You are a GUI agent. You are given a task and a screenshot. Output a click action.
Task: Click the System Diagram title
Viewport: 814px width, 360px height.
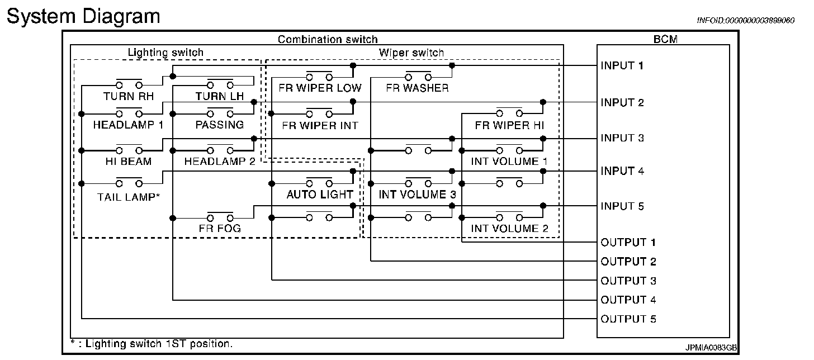click(x=83, y=16)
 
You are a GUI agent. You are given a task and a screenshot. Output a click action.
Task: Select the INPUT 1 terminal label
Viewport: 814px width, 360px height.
click(x=622, y=66)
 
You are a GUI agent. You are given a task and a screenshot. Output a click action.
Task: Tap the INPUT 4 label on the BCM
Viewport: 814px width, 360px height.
click(x=622, y=171)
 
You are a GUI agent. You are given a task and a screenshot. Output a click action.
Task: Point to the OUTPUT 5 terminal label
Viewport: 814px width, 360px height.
click(x=628, y=319)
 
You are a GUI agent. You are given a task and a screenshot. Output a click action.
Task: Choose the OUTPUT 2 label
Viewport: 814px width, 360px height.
click(x=628, y=262)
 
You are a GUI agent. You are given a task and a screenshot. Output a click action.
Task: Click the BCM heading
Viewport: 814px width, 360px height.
click(x=662, y=39)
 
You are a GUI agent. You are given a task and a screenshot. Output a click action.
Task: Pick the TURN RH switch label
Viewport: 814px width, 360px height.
click(x=129, y=96)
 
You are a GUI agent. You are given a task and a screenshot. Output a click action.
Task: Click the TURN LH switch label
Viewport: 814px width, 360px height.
click(x=220, y=96)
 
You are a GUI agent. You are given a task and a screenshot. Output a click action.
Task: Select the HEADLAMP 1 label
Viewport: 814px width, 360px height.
click(x=128, y=125)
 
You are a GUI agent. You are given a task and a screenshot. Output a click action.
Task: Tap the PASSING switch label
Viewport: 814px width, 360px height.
click(x=220, y=125)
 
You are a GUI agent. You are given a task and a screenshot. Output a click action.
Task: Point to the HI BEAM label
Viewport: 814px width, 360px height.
click(x=128, y=161)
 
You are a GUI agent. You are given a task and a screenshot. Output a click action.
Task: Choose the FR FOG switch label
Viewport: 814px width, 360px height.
click(x=220, y=228)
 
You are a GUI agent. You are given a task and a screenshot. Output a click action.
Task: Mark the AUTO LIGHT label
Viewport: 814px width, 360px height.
click(x=320, y=195)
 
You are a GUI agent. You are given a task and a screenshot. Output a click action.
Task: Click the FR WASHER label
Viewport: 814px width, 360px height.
click(x=417, y=88)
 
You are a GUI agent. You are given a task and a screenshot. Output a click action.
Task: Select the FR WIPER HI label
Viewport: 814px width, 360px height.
click(x=509, y=125)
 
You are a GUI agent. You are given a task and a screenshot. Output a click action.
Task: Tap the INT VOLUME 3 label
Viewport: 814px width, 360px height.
click(x=417, y=195)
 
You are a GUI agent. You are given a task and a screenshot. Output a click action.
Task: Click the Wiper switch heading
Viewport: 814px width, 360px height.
click(x=411, y=53)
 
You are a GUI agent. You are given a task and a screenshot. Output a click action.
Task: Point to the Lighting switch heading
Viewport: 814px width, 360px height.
click(x=166, y=53)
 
